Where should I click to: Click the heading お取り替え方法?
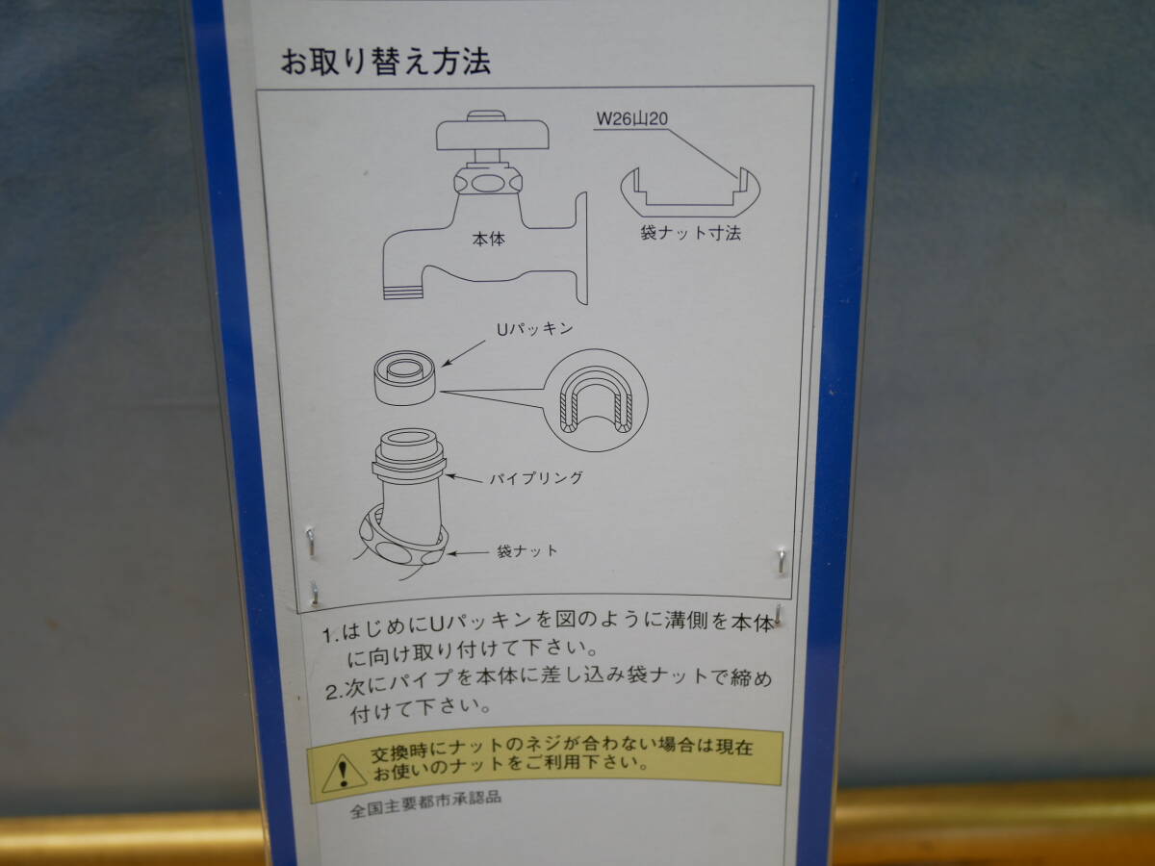386,62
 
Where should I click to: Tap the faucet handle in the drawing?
493,132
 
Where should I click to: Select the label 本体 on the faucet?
489,240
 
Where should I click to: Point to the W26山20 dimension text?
632,118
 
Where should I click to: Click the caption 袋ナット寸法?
690,233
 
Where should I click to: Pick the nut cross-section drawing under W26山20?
690,192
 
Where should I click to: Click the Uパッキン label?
534,329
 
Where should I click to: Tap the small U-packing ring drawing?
404,377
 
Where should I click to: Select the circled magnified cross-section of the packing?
595,399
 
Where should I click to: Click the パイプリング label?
536,478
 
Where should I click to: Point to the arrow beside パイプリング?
464,478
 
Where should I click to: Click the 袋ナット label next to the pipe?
526,551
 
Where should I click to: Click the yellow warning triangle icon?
345,773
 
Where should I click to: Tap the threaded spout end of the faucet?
403,292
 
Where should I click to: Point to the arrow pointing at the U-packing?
464,353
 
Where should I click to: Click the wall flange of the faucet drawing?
581,248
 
